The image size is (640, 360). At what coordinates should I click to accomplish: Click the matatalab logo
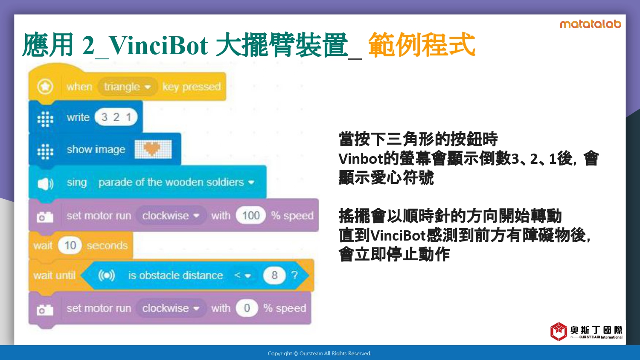pos(590,24)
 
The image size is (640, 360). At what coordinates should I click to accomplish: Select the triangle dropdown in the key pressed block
pos(128,87)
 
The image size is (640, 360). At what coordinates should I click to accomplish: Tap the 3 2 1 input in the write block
pos(116,117)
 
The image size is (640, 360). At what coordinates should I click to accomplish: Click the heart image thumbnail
pos(153,149)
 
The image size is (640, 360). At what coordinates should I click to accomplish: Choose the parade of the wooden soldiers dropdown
pos(176,182)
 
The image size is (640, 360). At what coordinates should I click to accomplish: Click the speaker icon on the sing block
pos(45,184)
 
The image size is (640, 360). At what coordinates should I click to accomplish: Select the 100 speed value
pos(251,215)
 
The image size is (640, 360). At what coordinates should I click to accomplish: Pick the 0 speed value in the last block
pos(247,308)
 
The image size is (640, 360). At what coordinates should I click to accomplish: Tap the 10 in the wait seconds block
pos(70,245)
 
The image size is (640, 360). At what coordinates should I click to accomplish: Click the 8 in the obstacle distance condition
pos(274,275)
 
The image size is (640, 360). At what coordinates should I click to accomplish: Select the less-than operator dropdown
pos(243,276)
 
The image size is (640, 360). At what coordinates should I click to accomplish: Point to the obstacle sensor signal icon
pos(107,276)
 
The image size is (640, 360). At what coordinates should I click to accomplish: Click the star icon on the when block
pos(45,87)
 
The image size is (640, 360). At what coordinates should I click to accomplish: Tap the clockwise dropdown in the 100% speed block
pos(171,215)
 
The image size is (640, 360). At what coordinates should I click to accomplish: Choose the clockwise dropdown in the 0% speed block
pos(171,308)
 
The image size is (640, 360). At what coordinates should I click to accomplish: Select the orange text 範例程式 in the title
pos(422,44)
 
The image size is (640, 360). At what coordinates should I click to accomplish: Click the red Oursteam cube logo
pos(559,331)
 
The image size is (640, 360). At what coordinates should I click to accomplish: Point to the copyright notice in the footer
pos(320,354)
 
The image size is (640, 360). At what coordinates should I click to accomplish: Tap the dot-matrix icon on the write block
pos(45,118)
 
